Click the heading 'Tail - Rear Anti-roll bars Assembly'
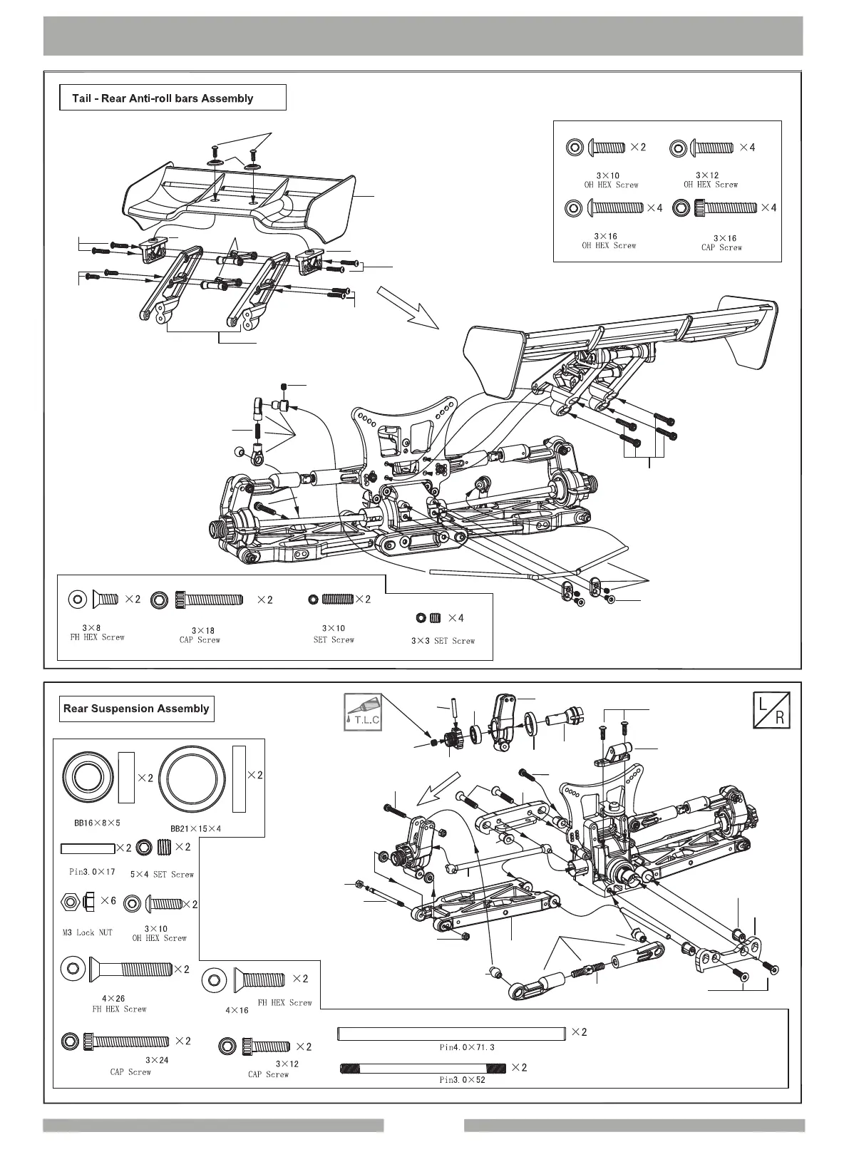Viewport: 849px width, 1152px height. [x=163, y=98]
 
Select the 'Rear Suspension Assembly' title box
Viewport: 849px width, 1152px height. [x=136, y=709]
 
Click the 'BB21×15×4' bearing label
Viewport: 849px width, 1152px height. [x=195, y=829]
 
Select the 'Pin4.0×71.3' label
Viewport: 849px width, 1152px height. [x=466, y=1047]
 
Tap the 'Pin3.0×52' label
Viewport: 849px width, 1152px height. [x=462, y=1080]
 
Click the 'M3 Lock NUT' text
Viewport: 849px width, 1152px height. [x=87, y=932]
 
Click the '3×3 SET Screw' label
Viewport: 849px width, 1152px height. [x=443, y=641]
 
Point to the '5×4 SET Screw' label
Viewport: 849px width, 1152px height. [x=162, y=874]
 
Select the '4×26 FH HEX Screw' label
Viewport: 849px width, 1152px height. [x=119, y=1004]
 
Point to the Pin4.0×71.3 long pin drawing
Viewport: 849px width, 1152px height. [x=451, y=1032]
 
